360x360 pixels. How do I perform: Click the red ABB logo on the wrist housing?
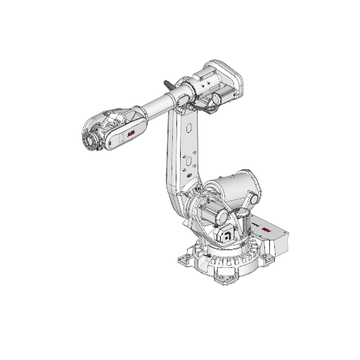132,133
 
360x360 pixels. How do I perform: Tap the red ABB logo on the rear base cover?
266,229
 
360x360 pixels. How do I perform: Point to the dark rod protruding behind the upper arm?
169,84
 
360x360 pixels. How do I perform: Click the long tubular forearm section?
158,105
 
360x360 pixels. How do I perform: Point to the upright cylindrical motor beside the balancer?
246,224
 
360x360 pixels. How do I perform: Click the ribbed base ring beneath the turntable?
225,260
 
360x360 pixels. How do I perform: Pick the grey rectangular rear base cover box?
278,239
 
